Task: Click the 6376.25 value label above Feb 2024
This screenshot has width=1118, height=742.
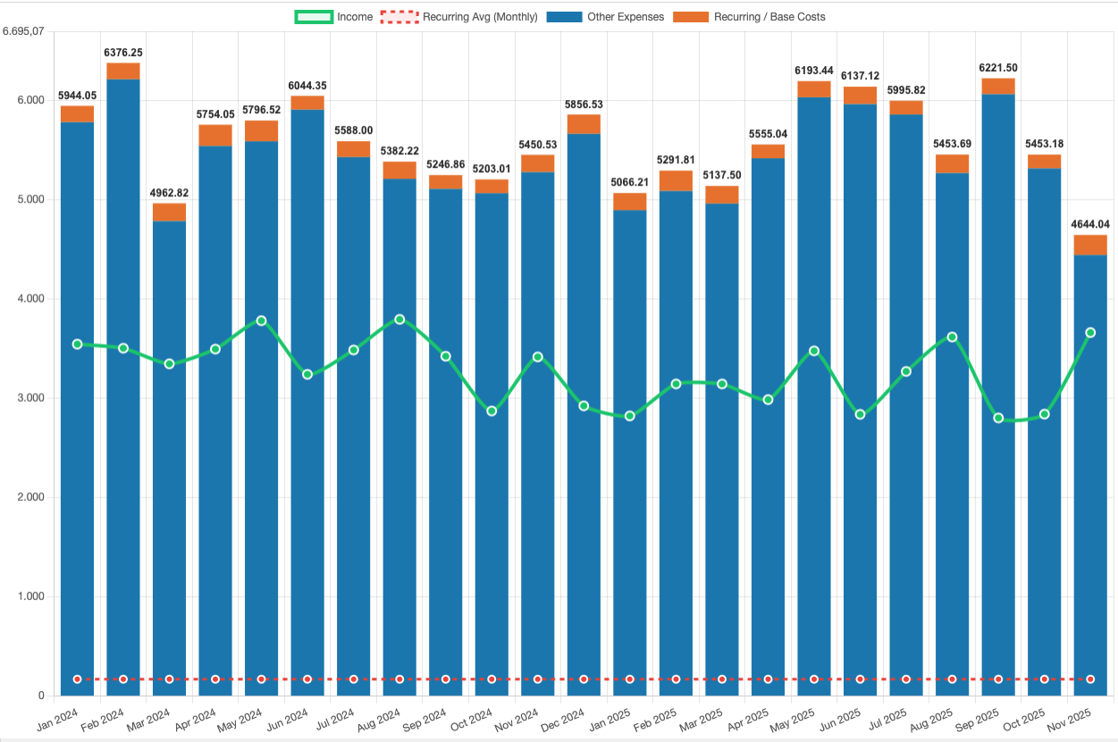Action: pyautogui.click(x=123, y=53)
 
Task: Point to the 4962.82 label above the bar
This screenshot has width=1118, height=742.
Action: pyautogui.click(x=170, y=193)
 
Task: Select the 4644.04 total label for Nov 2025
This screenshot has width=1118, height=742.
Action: pyautogui.click(x=1090, y=224)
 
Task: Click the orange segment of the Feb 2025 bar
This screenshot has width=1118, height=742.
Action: pyautogui.click(x=676, y=181)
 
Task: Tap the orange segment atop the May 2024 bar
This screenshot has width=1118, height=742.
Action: pyautogui.click(x=261, y=131)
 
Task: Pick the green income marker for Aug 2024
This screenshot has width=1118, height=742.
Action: pyautogui.click(x=399, y=319)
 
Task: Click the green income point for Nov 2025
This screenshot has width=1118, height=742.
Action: pyautogui.click(x=1090, y=332)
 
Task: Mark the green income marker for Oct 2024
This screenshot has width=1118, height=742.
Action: pyautogui.click(x=492, y=411)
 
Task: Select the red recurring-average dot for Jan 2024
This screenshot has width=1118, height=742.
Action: pyautogui.click(x=78, y=679)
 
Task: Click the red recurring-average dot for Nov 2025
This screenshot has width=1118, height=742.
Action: pyautogui.click(x=1090, y=679)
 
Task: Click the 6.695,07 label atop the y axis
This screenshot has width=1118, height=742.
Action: pyautogui.click(x=24, y=31)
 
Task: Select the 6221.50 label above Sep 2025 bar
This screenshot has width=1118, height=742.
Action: pyautogui.click(x=998, y=68)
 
